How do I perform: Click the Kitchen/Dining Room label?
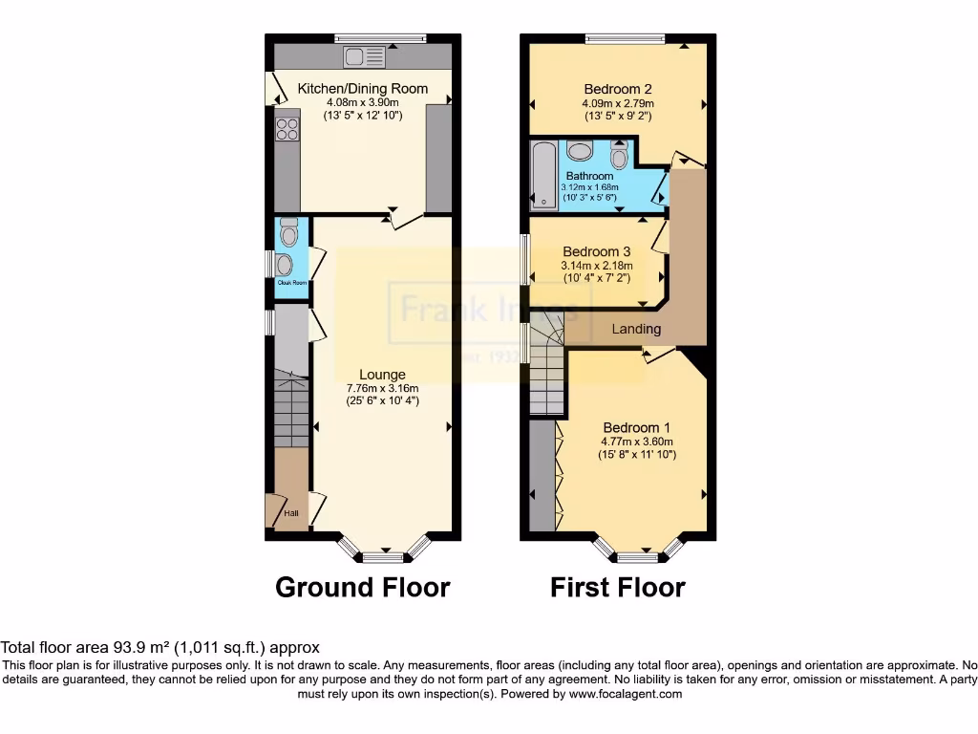coord(363,89)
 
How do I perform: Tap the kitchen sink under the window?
coord(365,57)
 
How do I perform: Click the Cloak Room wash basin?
coord(284,264)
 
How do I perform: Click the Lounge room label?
coord(382,375)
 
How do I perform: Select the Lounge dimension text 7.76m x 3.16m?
coord(382,388)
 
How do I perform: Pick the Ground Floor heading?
coord(362,586)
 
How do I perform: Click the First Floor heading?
coord(617,586)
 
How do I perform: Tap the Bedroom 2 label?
coord(617,90)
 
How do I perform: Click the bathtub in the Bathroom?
coord(542,175)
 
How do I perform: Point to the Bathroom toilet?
coord(618,155)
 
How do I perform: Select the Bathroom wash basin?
coord(579,150)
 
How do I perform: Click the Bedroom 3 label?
coord(596,251)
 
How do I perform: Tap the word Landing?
coord(636,329)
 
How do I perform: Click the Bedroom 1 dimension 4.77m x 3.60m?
coord(637,442)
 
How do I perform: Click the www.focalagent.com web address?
coord(626,694)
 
